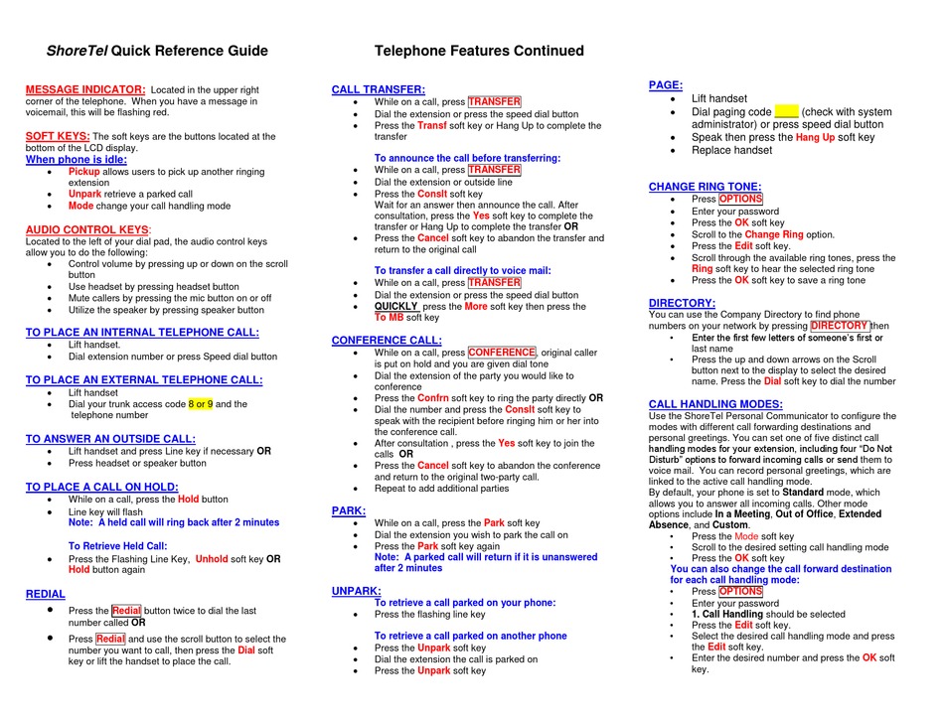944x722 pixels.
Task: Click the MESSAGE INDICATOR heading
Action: pyautogui.click(x=84, y=89)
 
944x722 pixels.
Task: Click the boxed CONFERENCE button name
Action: pyautogui.click(x=502, y=353)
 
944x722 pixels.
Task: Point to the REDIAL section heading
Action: pyautogui.click(x=46, y=594)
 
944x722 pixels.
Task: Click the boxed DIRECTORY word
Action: pyautogui.click(x=839, y=326)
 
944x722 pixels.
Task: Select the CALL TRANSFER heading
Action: pyautogui.click(x=378, y=89)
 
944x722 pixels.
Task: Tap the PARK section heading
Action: pyautogui.click(x=348, y=510)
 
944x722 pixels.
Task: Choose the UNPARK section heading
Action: pyautogui.click(x=356, y=591)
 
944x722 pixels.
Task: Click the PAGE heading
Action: pyautogui.click(x=665, y=85)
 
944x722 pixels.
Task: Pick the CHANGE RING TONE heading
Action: pyautogui.click(x=705, y=186)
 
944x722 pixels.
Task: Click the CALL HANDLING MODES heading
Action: pyautogui.click(x=715, y=404)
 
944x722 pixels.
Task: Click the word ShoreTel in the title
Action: pyautogui.click(x=78, y=51)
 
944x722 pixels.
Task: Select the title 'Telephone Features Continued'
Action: pyautogui.click(x=479, y=51)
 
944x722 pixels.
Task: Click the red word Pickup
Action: pyautogui.click(x=83, y=172)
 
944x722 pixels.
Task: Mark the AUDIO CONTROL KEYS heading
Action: pyautogui.click(x=87, y=229)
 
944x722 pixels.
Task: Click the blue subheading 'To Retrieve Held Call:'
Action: pyautogui.click(x=117, y=546)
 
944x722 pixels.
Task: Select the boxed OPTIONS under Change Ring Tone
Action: pyautogui.click(x=740, y=199)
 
